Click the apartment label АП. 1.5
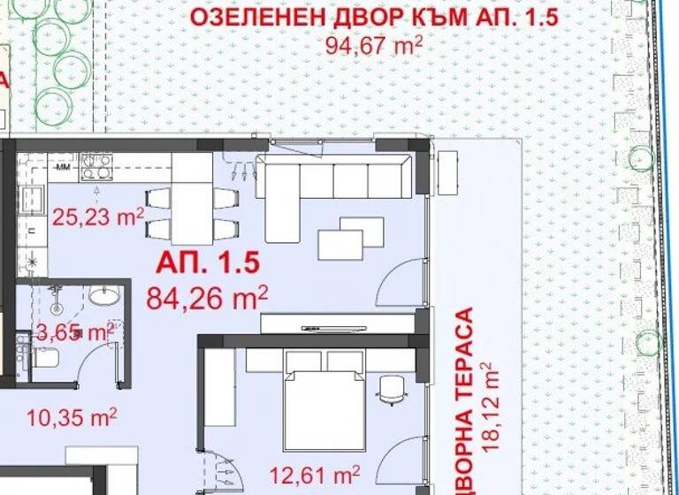[208, 262]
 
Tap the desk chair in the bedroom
[389, 389]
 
